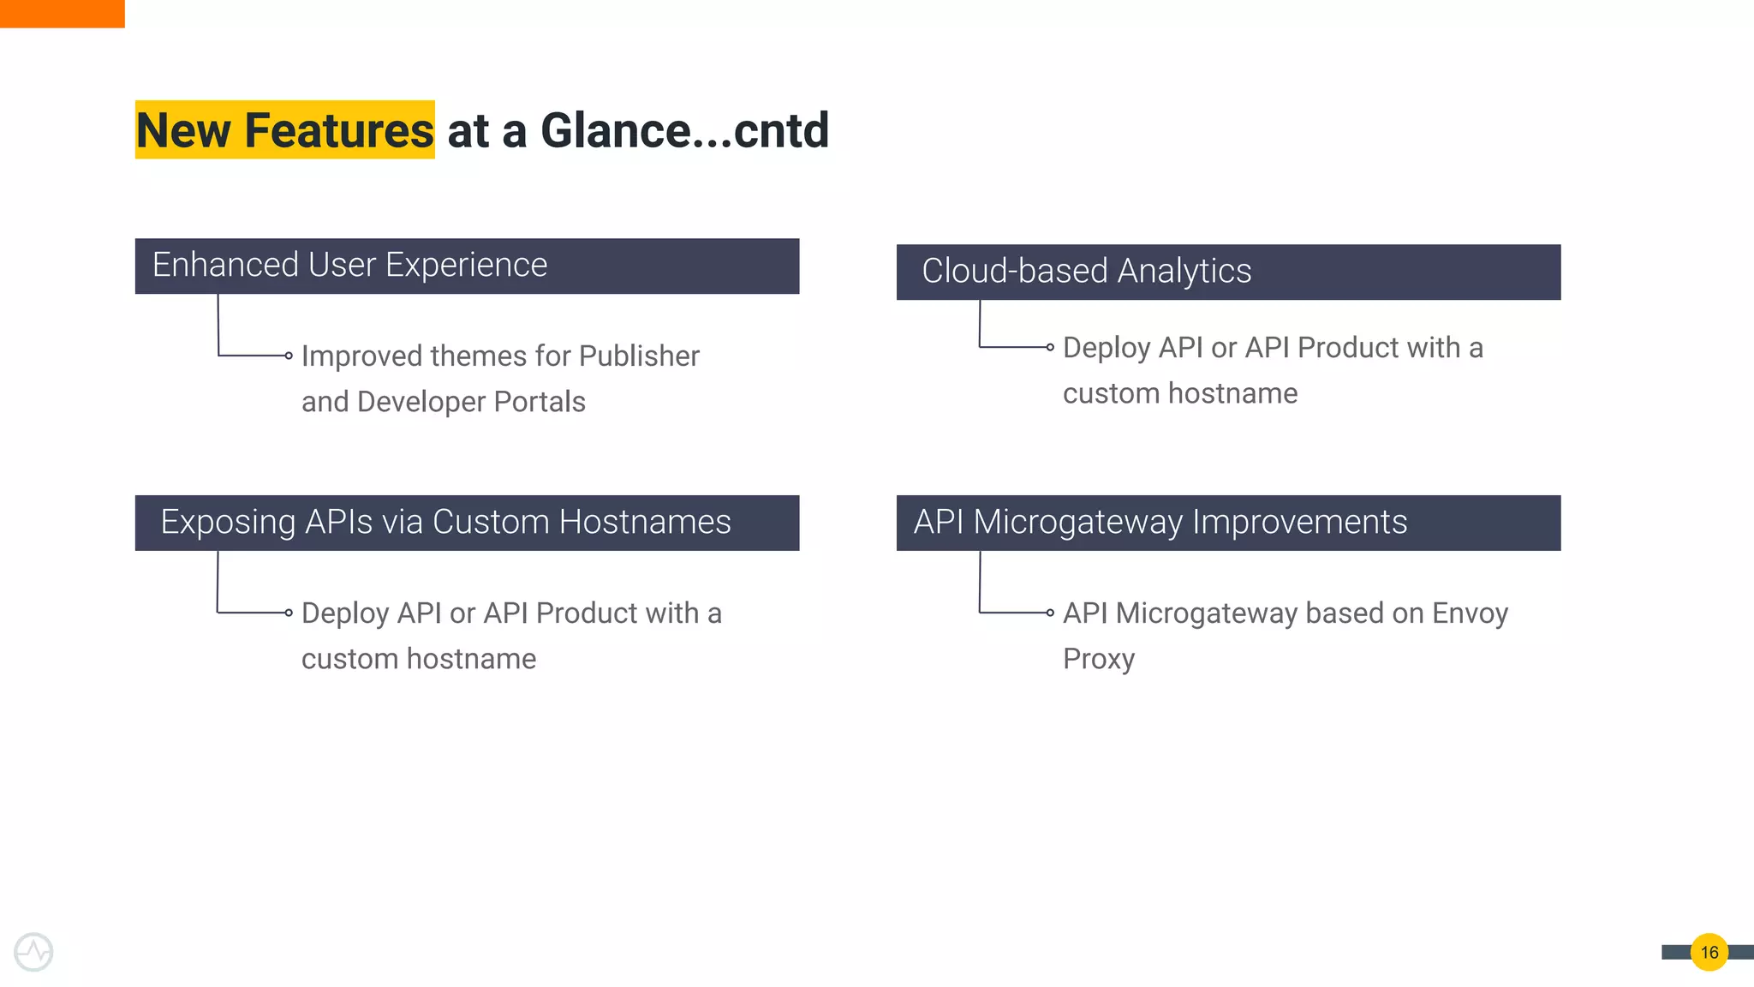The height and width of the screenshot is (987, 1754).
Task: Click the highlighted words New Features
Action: tap(284, 130)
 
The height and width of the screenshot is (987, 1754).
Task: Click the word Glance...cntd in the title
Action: tap(684, 130)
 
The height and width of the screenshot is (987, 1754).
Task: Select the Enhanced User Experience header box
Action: tap(467, 266)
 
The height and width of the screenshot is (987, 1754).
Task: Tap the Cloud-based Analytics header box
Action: tap(1228, 272)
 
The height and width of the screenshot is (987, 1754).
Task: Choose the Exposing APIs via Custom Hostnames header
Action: tap(467, 523)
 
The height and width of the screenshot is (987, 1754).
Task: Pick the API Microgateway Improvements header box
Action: tap(1228, 523)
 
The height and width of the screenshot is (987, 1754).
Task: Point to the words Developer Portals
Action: tap(471, 402)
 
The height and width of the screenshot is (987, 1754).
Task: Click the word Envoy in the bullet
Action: tap(1470, 613)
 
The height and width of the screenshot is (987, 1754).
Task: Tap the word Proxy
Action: tap(1099, 659)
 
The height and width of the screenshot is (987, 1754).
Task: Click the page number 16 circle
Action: tap(1709, 952)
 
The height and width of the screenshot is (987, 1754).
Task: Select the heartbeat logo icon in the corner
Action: tap(33, 952)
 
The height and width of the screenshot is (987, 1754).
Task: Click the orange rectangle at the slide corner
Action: tap(62, 14)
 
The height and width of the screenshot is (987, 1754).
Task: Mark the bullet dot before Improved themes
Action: tap(289, 356)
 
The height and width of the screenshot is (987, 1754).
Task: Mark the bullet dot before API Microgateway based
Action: tap(1050, 613)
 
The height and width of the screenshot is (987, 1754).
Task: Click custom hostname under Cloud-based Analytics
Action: tap(1179, 393)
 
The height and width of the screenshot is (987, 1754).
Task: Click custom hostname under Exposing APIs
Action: tap(418, 659)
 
